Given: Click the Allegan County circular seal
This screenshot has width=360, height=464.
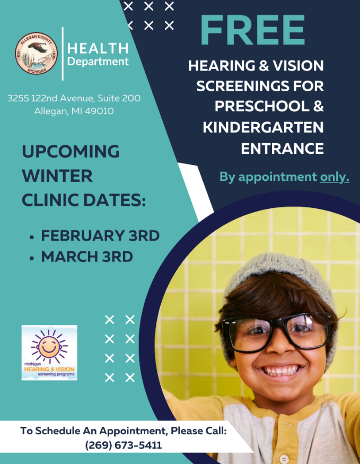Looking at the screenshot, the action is (x=37, y=53).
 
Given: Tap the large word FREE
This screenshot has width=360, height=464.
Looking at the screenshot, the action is (x=252, y=30).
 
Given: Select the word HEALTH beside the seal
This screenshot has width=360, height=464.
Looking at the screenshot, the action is (x=98, y=49).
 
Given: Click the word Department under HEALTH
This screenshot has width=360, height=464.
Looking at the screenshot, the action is (x=98, y=62).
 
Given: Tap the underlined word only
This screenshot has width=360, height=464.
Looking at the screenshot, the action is (x=335, y=177).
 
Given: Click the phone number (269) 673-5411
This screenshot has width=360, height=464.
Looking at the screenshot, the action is (x=124, y=445).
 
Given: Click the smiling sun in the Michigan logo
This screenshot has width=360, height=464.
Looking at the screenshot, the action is (x=49, y=346).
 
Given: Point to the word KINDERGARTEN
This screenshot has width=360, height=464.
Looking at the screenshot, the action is (x=264, y=127).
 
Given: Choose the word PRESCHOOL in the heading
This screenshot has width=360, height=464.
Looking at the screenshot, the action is (x=262, y=106).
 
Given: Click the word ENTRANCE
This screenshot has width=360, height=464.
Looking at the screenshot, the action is (x=282, y=148).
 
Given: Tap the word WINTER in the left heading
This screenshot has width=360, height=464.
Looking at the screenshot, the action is (x=57, y=176).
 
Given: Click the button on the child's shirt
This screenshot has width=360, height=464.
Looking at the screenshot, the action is (x=284, y=459).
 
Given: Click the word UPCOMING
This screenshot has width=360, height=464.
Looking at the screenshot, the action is (x=71, y=152).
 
